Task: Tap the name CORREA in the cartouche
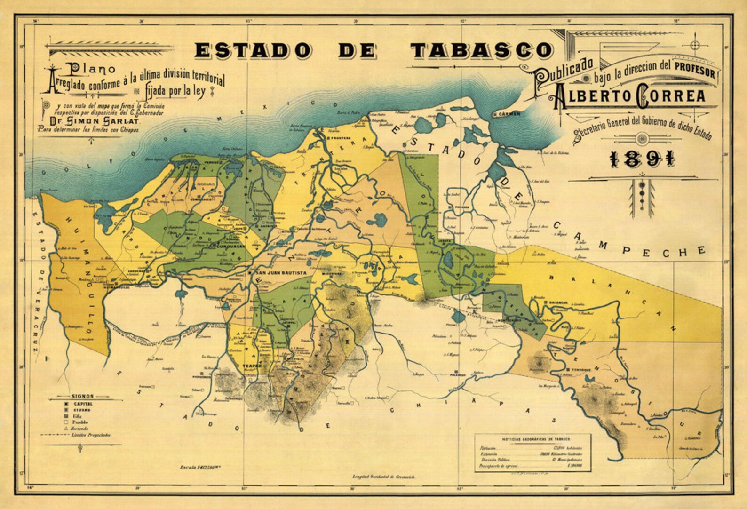(x=671, y=95)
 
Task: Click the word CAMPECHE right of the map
(x=630, y=240)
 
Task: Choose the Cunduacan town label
(x=228, y=246)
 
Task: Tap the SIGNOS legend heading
(x=82, y=397)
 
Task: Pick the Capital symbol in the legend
(x=66, y=404)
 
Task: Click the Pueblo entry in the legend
(x=79, y=422)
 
